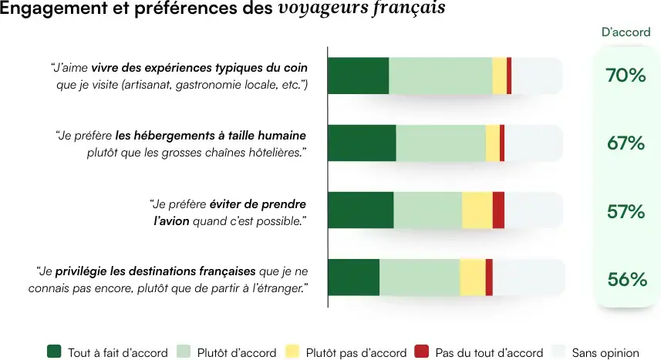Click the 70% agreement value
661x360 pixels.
(x=626, y=76)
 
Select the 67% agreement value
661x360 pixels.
(x=626, y=143)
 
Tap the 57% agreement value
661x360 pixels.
(x=626, y=211)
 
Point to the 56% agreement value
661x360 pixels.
(x=626, y=279)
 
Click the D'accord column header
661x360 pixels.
(x=626, y=32)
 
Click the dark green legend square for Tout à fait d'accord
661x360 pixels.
(x=54, y=352)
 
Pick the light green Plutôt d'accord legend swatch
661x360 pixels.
(x=184, y=352)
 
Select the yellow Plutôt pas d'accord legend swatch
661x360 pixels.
(x=292, y=352)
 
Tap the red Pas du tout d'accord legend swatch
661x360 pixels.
(x=421, y=352)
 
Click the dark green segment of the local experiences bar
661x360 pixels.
(x=358, y=76)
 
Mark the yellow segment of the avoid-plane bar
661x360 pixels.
(x=477, y=210)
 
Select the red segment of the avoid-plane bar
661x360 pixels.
(x=498, y=210)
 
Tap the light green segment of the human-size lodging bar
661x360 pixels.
(x=440, y=143)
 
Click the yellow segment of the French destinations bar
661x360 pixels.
(x=472, y=278)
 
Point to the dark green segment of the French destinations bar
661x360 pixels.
(x=354, y=278)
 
